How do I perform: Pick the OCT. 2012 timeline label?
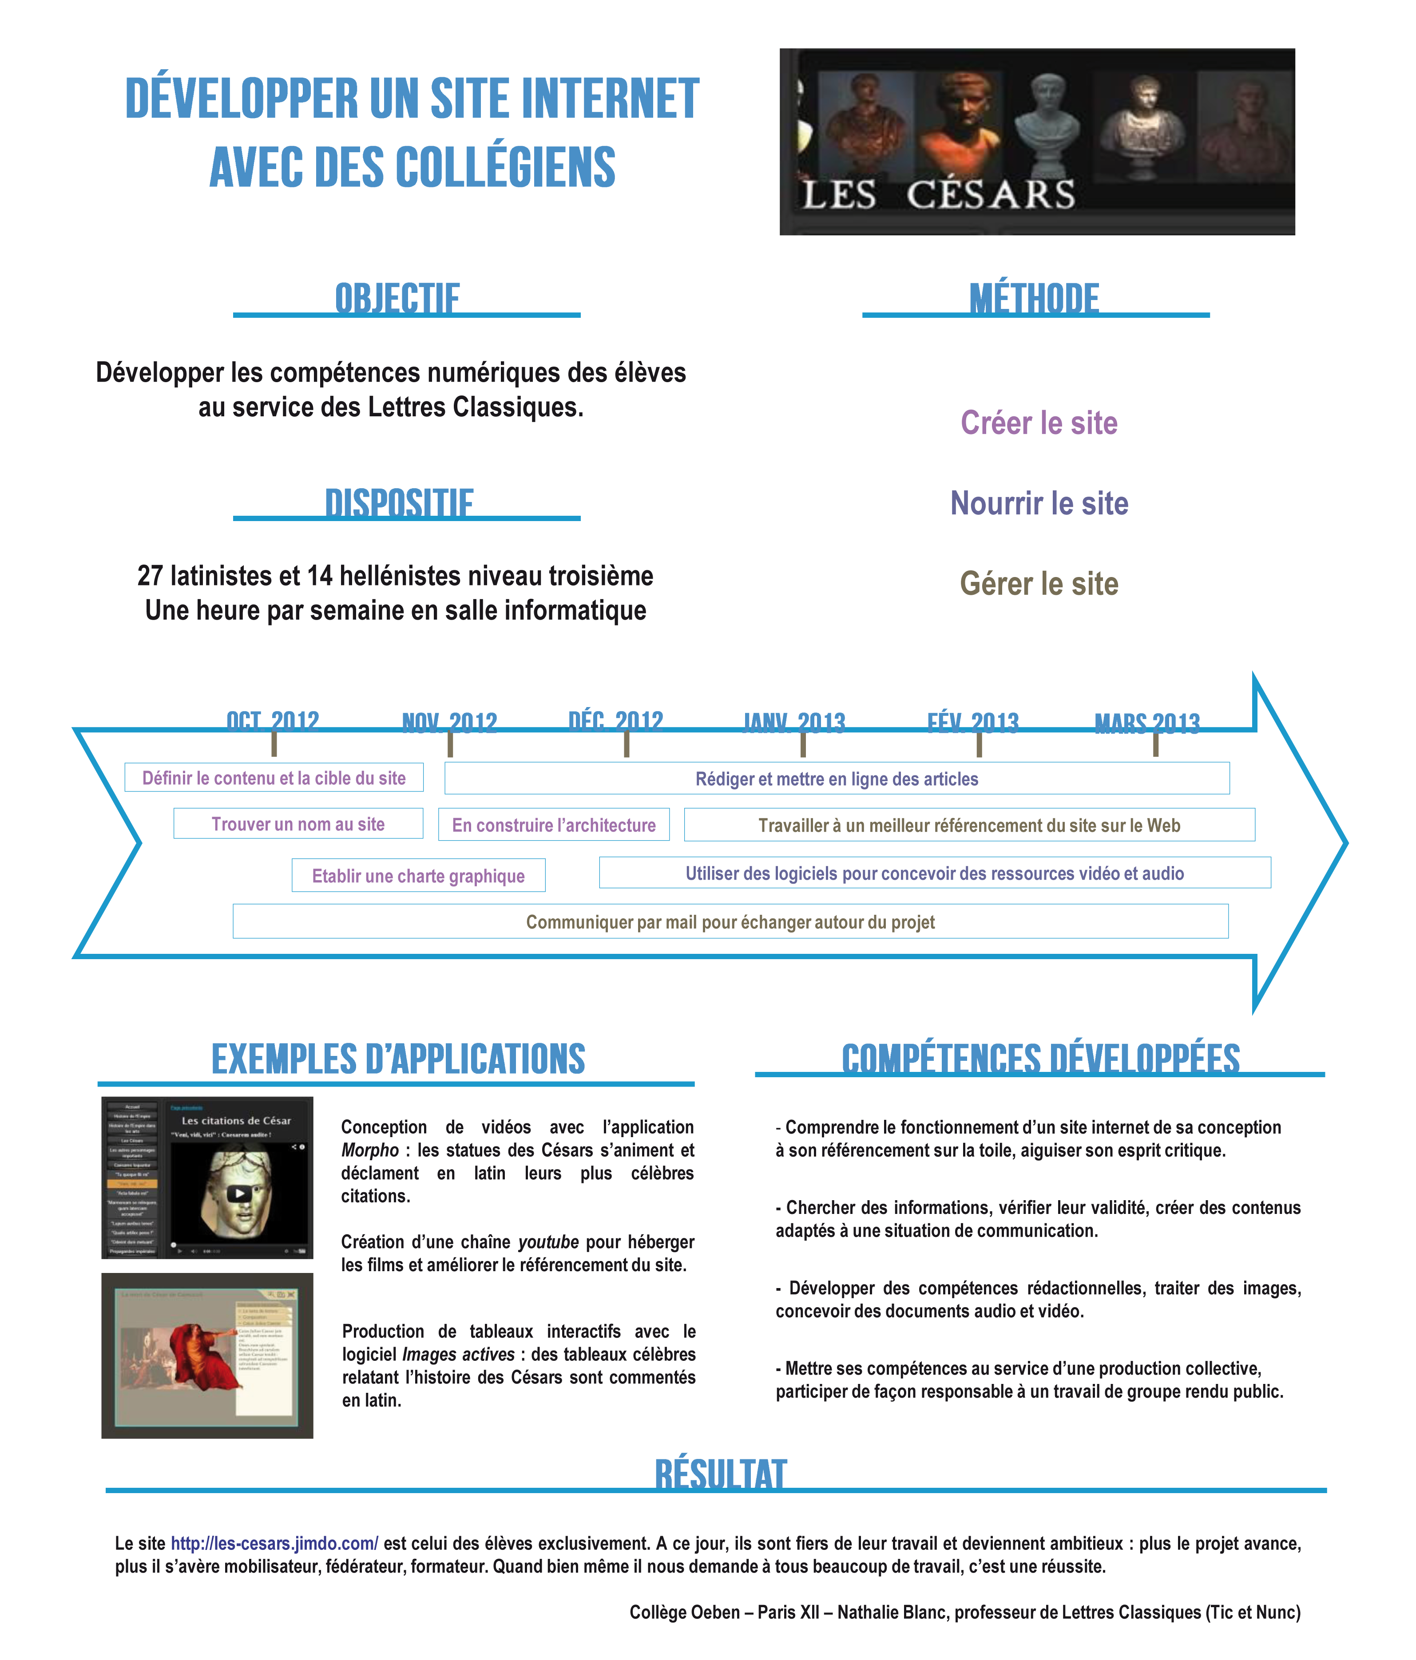point(273,721)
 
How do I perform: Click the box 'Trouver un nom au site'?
point(297,824)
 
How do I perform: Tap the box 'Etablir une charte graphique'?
point(418,876)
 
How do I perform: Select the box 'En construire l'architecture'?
point(554,825)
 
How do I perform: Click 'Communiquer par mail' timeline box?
point(730,922)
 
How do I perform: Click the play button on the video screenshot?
point(239,1193)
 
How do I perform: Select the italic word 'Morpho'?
point(369,1150)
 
